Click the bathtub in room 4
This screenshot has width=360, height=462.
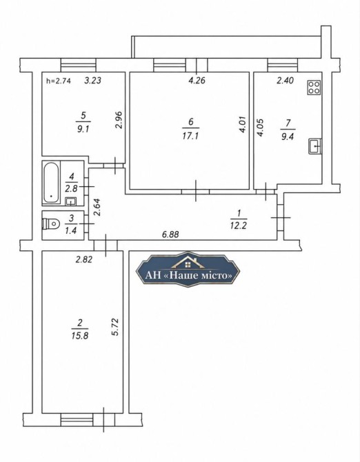tap(51, 182)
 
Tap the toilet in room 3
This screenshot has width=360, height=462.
tap(50, 223)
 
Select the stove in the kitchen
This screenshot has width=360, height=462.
tap(314, 88)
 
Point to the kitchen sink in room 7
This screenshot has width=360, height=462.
tap(314, 146)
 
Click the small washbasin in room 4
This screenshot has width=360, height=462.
tap(71, 201)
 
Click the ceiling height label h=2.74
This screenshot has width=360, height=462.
tap(59, 81)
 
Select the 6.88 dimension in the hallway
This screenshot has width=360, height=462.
tap(170, 234)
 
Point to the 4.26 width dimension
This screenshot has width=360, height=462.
tap(197, 80)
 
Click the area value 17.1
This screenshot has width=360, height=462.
tap(190, 136)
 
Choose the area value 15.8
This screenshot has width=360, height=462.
tap(80, 335)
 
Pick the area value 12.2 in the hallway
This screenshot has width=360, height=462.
tap(239, 225)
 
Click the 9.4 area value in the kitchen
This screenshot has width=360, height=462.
tap(288, 137)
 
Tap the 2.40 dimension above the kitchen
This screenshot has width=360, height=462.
tap(285, 80)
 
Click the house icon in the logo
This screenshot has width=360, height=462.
tap(188, 262)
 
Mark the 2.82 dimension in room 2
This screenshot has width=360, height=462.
tap(84, 259)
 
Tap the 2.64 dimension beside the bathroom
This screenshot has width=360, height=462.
tap(97, 208)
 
